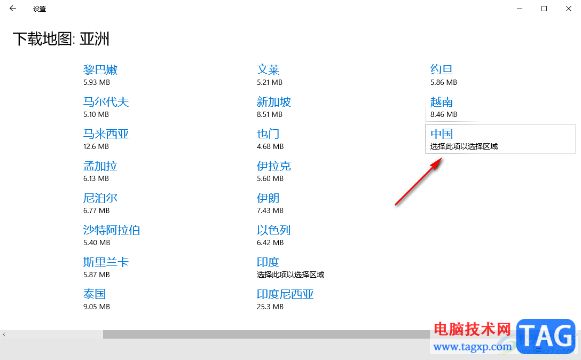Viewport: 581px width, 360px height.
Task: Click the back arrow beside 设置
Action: (x=13, y=9)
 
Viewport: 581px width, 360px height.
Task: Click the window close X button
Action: (x=568, y=9)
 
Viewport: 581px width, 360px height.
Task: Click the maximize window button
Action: (x=544, y=9)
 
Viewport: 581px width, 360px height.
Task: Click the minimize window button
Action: (x=520, y=9)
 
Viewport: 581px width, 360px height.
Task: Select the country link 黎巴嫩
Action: (x=100, y=70)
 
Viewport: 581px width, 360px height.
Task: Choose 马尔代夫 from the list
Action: (x=106, y=102)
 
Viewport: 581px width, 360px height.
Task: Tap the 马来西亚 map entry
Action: (x=106, y=134)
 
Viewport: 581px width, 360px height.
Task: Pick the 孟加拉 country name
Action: (x=100, y=166)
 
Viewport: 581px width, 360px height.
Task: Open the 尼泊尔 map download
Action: (x=100, y=198)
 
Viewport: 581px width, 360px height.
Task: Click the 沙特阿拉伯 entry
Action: (x=112, y=230)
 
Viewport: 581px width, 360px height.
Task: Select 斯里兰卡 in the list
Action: (x=106, y=262)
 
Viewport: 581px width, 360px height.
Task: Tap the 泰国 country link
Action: (x=95, y=294)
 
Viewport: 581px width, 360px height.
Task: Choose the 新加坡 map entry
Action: (x=274, y=102)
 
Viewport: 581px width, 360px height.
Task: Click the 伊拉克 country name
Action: (x=274, y=166)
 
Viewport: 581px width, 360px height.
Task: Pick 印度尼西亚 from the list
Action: (x=285, y=294)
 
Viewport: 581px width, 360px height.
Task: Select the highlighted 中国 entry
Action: (x=442, y=134)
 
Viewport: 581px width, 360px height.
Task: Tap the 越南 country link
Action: (x=442, y=102)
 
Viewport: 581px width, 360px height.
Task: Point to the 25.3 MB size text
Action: (x=270, y=307)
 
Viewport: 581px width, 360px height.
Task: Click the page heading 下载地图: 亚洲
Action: (x=61, y=39)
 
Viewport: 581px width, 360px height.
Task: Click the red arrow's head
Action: (x=439, y=160)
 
